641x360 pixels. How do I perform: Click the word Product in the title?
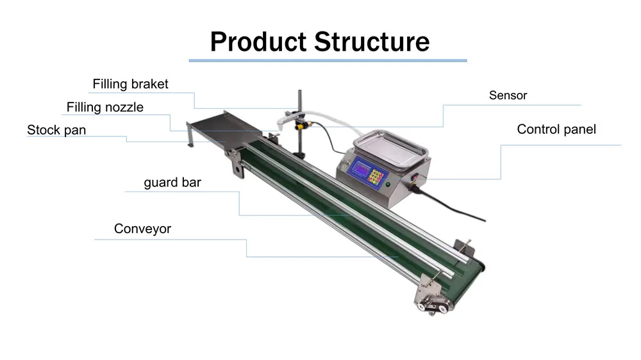tap(258, 42)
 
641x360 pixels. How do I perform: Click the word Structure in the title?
tap(372, 42)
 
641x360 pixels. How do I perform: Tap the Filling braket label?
tap(130, 84)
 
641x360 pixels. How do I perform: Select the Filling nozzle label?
tap(105, 107)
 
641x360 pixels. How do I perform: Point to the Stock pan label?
tap(56, 130)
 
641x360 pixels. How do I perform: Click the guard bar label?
tap(172, 183)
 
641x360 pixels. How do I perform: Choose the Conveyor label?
tap(143, 229)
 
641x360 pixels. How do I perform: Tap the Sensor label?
tap(508, 95)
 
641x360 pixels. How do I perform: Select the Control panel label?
tap(556, 129)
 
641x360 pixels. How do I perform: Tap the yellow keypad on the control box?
tap(376, 177)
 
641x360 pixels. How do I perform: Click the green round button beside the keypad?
tap(388, 184)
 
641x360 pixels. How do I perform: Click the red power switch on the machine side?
tap(415, 177)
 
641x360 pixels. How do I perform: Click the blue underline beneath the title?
tap(328, 60)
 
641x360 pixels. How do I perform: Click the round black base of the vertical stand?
tap(299, 154)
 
